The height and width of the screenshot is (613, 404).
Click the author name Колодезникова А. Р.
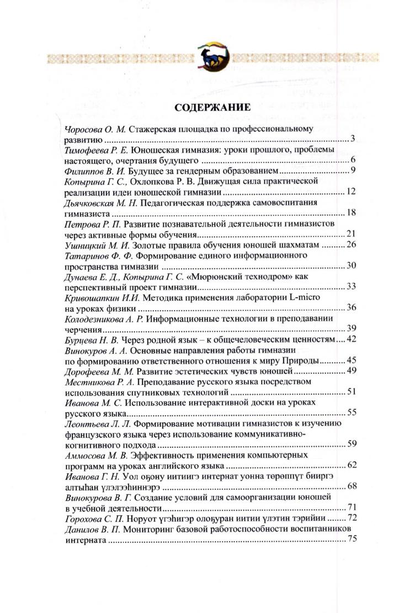tap(103, 318)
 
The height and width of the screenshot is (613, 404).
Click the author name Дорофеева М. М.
tap(95, 370)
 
